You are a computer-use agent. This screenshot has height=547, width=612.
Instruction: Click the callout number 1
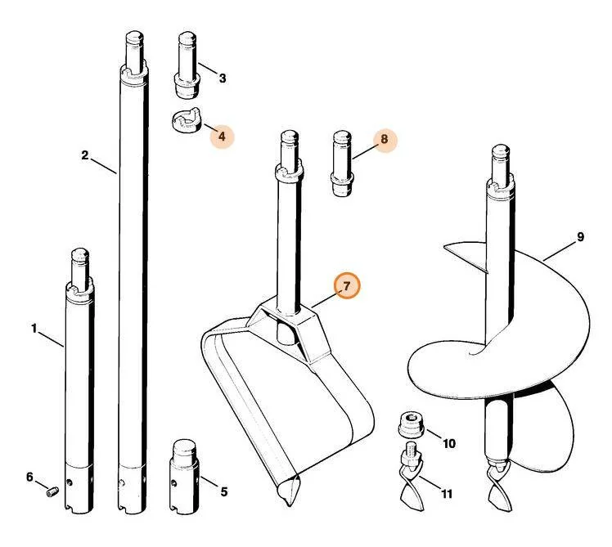(34, 329)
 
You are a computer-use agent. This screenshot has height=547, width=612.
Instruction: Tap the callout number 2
(85, 155)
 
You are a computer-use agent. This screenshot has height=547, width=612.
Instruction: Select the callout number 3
(223, 78)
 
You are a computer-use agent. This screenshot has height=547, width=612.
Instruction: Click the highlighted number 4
(222, 137)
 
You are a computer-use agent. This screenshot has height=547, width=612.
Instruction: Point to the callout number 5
(223, 491)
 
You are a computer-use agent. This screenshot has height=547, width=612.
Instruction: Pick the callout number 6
(29, 477)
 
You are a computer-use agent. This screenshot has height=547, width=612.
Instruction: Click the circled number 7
(347, 286)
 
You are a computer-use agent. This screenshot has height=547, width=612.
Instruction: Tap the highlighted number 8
(385, 139)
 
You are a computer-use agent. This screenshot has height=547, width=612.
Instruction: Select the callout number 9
(580, 237)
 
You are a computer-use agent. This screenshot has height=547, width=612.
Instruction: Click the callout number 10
(449, 444)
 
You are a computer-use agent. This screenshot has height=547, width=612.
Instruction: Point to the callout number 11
(447, 494)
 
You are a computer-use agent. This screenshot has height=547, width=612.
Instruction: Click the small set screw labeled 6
(52, 491)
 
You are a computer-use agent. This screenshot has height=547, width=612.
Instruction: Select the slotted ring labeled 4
(187, 121)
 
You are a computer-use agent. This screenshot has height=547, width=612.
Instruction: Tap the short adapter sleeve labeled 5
(184, 476)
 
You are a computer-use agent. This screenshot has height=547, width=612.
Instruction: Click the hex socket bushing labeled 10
(412, 425)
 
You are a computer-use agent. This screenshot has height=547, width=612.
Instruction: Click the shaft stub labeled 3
(187, 65)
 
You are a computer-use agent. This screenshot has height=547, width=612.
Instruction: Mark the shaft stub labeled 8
(342, 164)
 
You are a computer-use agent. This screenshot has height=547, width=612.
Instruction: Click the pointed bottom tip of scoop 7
(289, 505)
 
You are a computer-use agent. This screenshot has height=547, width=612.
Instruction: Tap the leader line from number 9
(559, 251)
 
